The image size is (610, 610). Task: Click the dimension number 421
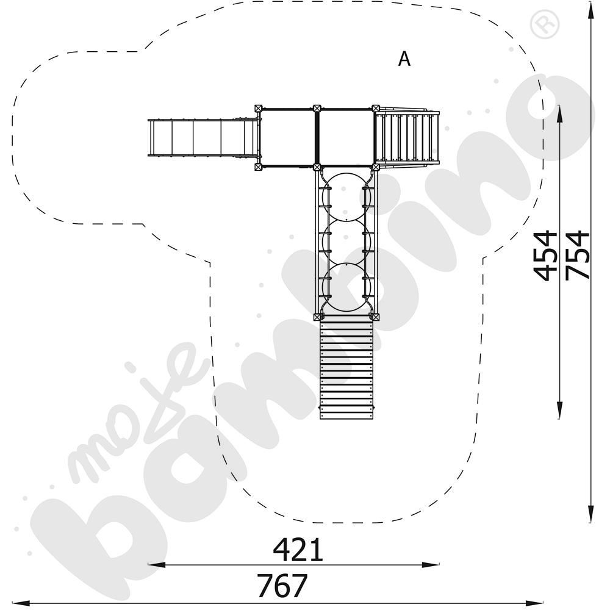click(x=298, y=550)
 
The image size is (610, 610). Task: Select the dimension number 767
click(x=282, y=585)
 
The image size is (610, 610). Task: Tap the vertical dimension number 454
click(x=546, y=256)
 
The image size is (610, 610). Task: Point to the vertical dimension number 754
click(x=578, y=256)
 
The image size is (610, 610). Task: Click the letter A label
click(x=404, y=59)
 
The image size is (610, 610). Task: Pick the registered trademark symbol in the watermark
click(x=545, y=24)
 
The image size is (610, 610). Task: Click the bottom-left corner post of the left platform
click(x=258, y=167)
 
